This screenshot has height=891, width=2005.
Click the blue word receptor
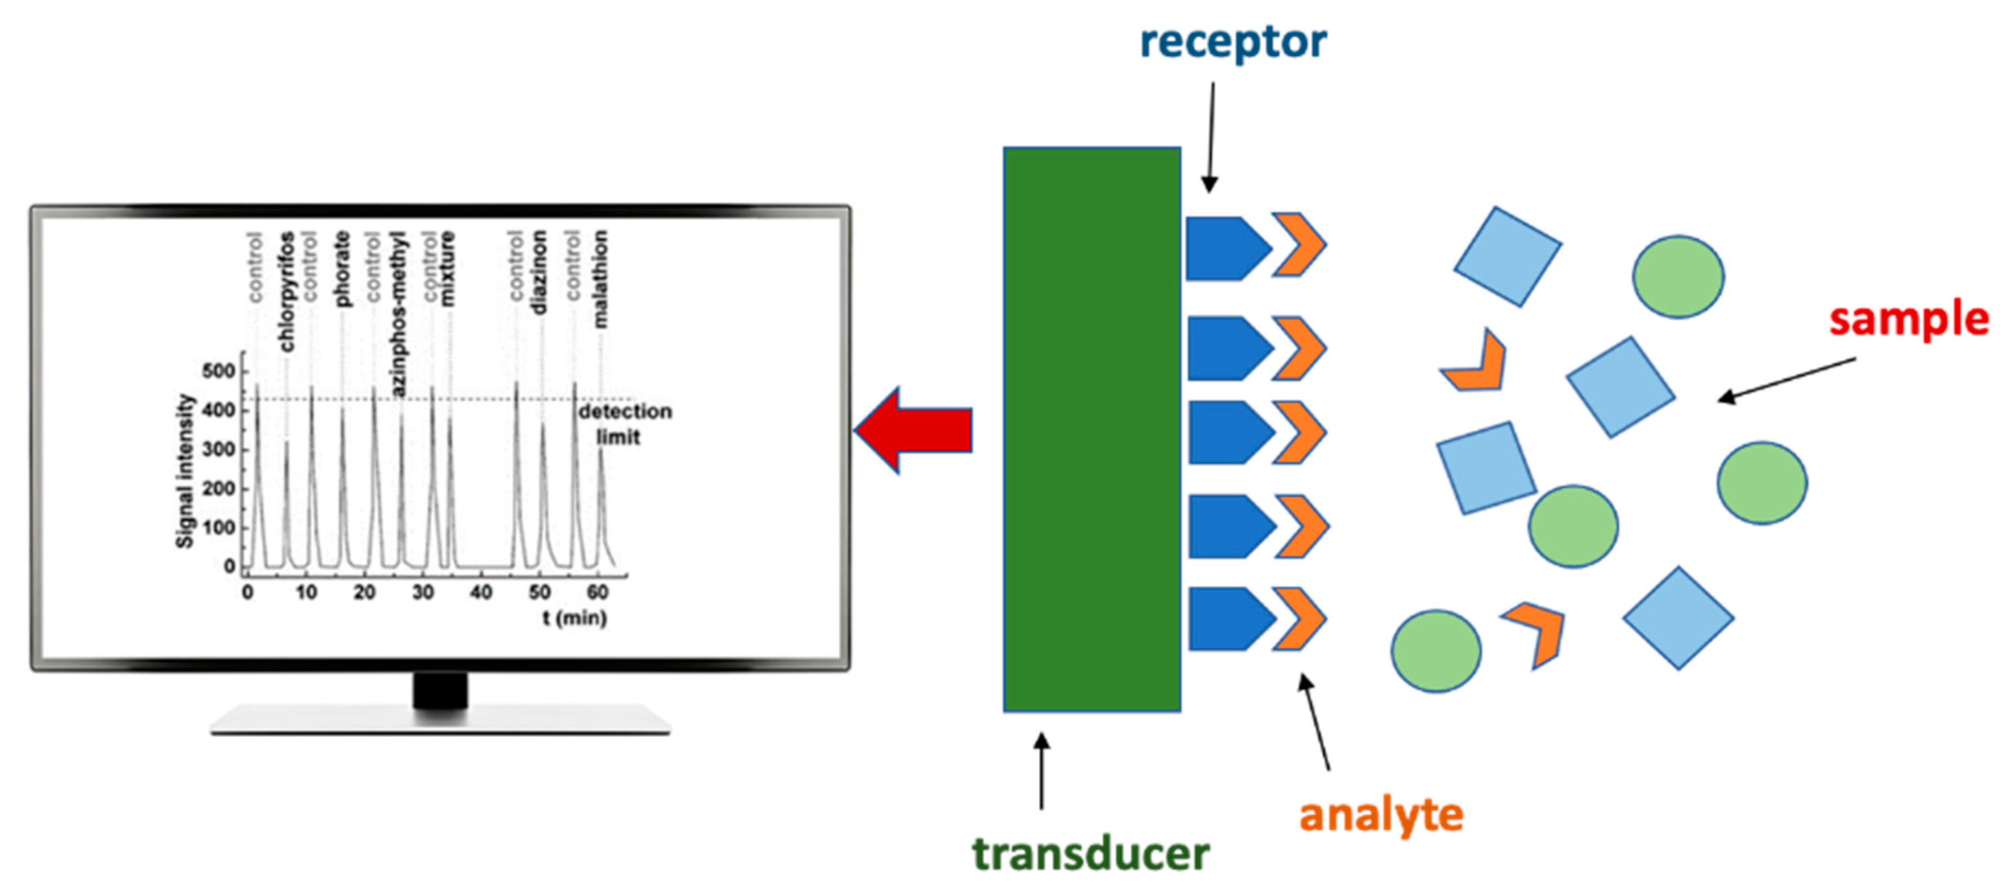(x=1233, y=43)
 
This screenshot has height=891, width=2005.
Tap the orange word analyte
(x=1381, y=815)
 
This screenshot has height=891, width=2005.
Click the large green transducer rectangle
(x=1091, y=429)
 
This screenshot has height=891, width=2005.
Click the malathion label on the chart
(x=600, y=278)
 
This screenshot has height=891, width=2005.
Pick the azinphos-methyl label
(x=398, y=314)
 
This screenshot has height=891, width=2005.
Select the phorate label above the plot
(x=342, y=268)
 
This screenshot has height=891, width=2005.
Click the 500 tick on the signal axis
(x=218, y=371)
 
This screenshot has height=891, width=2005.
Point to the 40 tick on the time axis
(x=481, y=593)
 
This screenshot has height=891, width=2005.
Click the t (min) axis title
(x=575, y=618)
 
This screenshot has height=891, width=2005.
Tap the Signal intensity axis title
(x=184, y=471)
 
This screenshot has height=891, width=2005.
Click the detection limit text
(x=624, y=424)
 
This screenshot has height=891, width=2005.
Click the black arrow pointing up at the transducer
(x=1041, y=771)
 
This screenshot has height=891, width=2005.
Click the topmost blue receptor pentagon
(x=1226, y=248)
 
